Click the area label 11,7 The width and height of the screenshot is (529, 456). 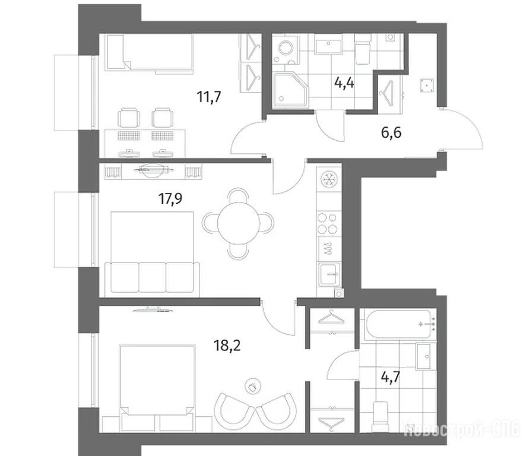pyautogui.click(x=209, y=97)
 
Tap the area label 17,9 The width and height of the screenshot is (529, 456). pyautogui.click(x=170, y=198)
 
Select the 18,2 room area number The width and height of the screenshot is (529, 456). pyautogui.click(x=227, y=346)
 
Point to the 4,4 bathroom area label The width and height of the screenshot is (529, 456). pyautogui.click(x=344, y=82)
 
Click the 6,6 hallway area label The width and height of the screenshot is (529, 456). pyautogui.click(x=391, y=132)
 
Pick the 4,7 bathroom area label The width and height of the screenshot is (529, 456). pyautogui.click(x=390, y=377)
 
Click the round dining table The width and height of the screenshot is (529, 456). pyautogui.click(x=239, y=223)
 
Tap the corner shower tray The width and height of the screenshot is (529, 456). pyautogui.click(x=291, y=90)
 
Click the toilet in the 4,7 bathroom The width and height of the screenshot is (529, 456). pyautogui.click(x=381, y=417)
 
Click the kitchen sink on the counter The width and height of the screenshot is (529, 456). pyautogui.click(x=330, y=274)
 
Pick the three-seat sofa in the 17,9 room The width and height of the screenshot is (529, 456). pyautogui.click(x=152, y=279)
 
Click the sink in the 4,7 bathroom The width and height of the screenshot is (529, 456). pyautogui.click(x=424, y=356)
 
